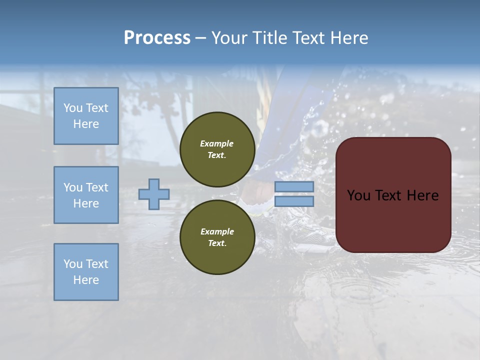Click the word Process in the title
[x=157, y=38]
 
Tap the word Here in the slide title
[x=348, y=38]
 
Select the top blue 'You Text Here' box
[x=86, y=116]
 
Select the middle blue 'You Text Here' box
[x=86, y=195]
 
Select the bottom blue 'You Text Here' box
[x=86, y=272]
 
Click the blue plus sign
[x=153, y=194]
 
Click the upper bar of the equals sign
[x=294, y=187]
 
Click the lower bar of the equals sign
[x=294, y=201]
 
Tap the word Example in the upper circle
[x=217, y=143]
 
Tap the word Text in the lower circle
[x=216, y=243]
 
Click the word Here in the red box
[x=422, y=195]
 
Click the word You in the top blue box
[x=73, y=108]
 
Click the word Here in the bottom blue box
[x=86, y=280]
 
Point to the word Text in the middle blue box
[x=96, y=187]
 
